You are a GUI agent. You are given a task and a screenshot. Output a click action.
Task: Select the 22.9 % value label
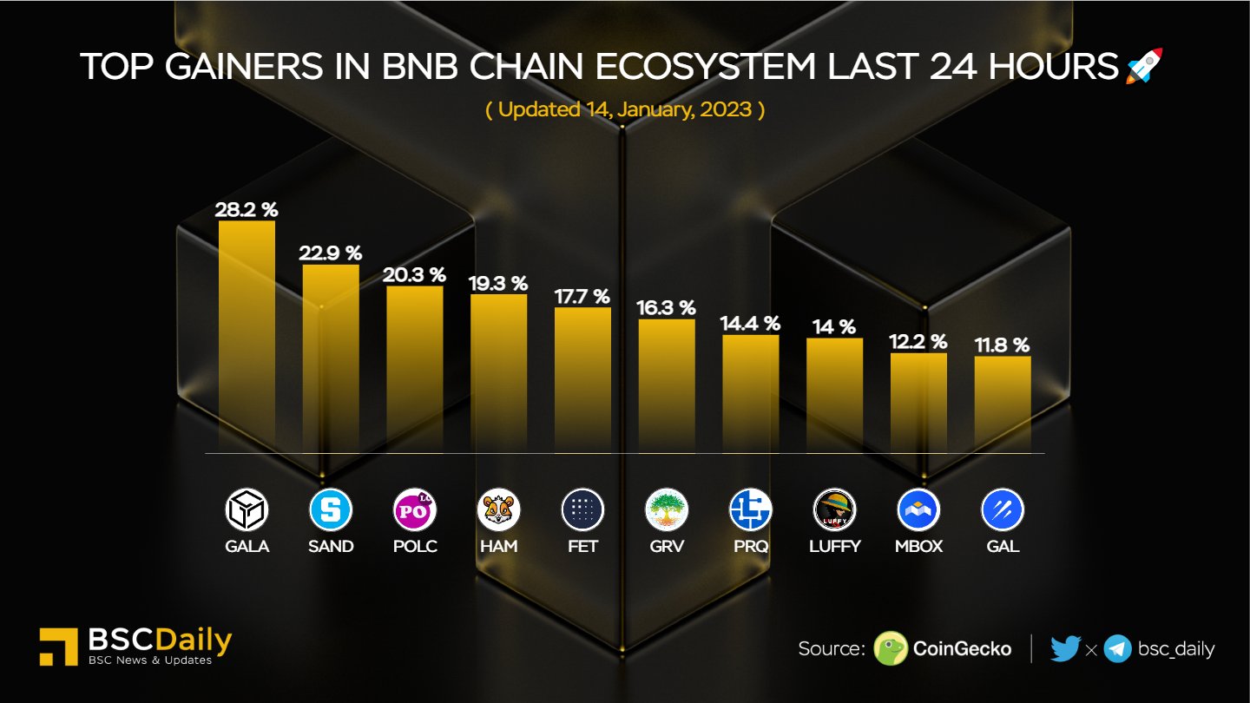tap(330, 253)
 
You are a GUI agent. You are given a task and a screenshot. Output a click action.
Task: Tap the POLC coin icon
tap(415, 510)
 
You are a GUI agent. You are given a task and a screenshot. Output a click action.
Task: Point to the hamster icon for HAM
tap(498, 510)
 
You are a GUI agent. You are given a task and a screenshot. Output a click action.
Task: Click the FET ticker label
tap(582, 546)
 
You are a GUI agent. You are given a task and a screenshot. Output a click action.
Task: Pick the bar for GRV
tap(667, 385)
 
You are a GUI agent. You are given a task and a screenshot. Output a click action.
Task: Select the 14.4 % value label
tap(750, 324)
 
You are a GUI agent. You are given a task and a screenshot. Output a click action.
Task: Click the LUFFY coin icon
tap(834, 510)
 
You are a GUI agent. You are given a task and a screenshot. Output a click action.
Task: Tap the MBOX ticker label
tap(918, 546)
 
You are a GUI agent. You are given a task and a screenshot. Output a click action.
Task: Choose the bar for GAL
tap(1003, 404)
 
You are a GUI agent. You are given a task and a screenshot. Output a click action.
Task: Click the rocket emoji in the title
tap(1144, 66)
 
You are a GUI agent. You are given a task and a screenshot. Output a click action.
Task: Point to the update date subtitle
tap(624, 110)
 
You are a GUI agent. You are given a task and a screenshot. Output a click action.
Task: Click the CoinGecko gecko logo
tap(891, 648)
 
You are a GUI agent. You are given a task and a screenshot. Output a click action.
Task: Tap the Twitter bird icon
tap(1065, 648)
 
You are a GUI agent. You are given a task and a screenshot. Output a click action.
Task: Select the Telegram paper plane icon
tap(1117, 648)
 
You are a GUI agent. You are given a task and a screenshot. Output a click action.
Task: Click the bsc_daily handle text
tap(1176, 648)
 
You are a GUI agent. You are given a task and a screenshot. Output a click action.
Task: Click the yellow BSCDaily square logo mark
tap(59, 647)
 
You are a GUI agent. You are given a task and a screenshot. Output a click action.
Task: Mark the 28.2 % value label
tap(247, 209)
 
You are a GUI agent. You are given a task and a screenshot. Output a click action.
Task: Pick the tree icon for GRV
tap(667, 510)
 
